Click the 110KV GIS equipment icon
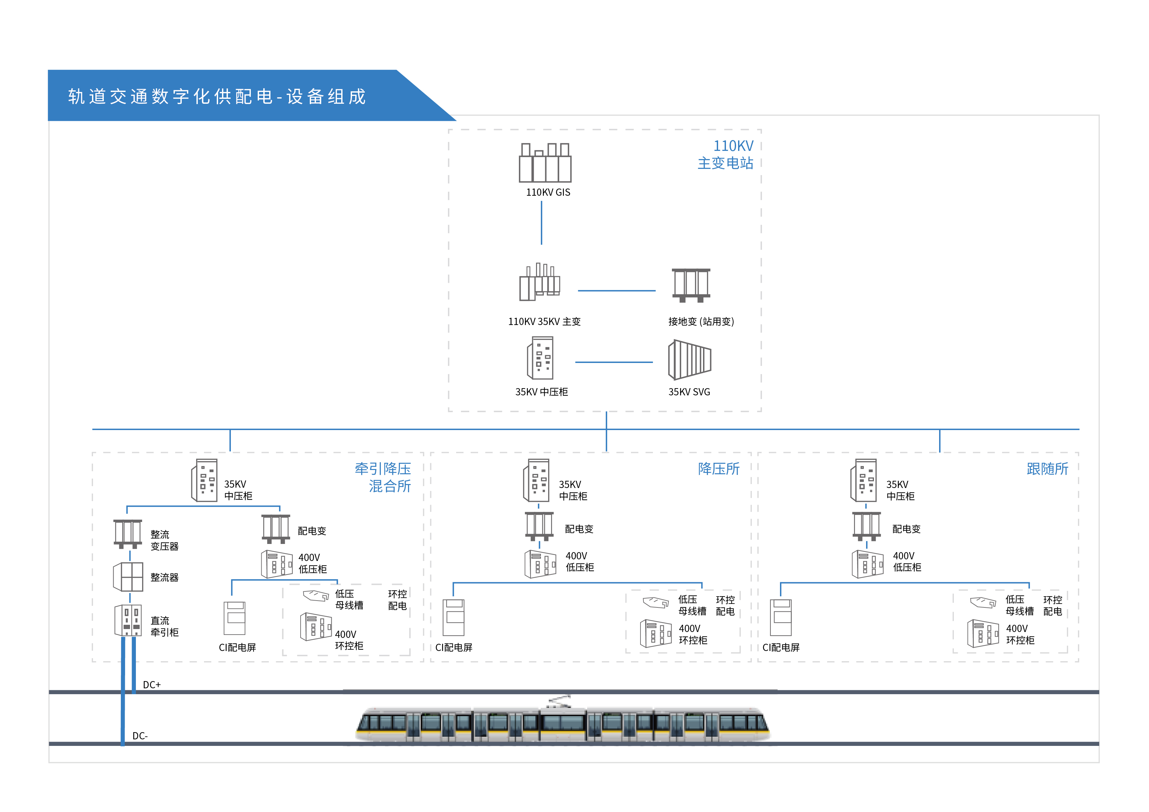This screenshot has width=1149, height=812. (545, 163)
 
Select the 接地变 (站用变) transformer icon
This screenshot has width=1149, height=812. (691, 285)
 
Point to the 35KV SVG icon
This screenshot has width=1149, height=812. (689, 360)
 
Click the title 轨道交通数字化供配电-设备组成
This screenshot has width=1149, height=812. (217, 97)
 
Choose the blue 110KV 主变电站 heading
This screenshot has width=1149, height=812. (725, 154)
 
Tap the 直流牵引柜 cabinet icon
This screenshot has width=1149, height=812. (128, 621)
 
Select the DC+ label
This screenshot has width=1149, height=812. (152, 684)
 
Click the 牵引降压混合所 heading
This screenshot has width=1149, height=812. (383, 477)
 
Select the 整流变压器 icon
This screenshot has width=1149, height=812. (128, 534)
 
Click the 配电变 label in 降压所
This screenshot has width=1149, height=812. (579, 529)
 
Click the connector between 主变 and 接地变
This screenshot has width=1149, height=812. (617, 291)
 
